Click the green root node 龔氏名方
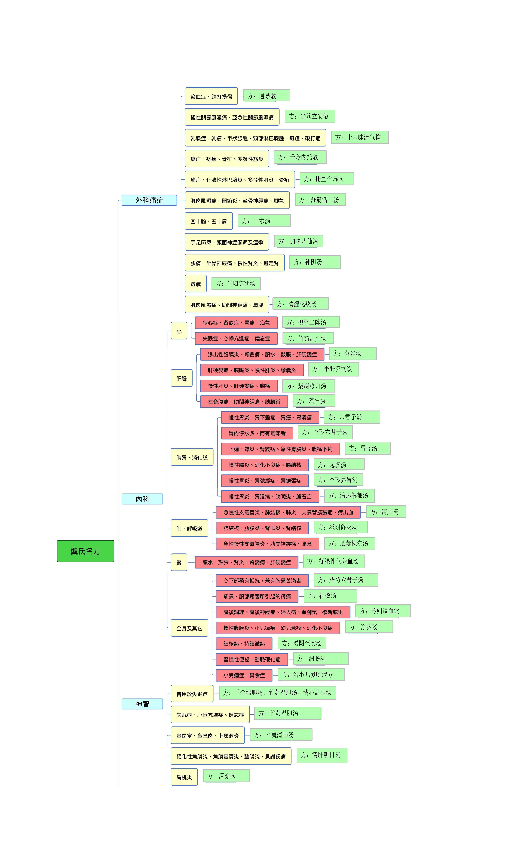click(x=85, y=551)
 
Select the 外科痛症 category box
click(x=149, y=200)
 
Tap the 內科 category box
click(x=142, y=499)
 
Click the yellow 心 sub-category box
click(x=179, y=331)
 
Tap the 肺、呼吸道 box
click(x=189, y=528)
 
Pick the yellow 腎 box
click(x=179, y=562)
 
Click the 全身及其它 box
click(x=189, y=628)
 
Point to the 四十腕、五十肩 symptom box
click(x=209, y=221)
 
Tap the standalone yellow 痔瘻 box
click(x=196, y=283)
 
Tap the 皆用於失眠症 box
click(x=192, y=694)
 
